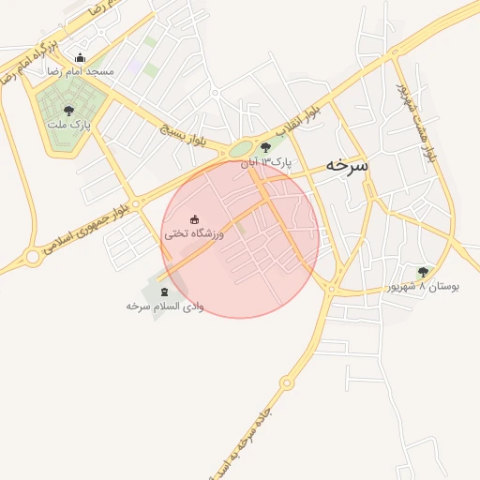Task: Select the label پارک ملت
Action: point(68,124)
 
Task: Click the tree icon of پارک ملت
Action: point(67,110)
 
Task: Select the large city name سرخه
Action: point(346,164)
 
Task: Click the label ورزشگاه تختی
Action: point(193,232)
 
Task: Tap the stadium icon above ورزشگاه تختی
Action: point(195,219)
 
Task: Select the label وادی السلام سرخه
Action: point(164,307)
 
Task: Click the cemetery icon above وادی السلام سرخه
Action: point(166,292)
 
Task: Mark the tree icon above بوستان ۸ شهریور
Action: point(423,272)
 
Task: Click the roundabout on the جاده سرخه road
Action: point(286,382)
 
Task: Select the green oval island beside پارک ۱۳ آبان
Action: point(241,148)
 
